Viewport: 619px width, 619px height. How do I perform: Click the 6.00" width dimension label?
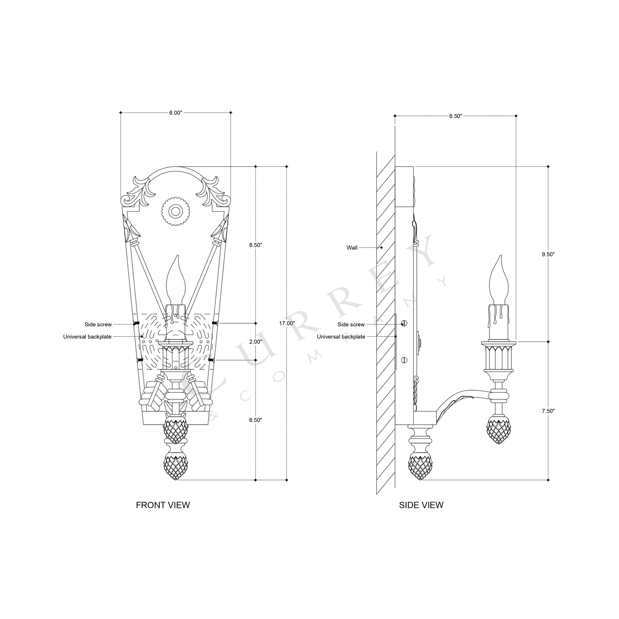(x=175, y=112)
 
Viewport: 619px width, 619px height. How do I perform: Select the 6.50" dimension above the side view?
(x=455, y=116)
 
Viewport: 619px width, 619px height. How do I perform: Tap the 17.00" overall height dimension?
(x=287, y=323)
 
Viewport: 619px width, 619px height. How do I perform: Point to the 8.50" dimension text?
(x=256, y=245)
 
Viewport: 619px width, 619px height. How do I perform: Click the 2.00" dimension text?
(x=256, y=341)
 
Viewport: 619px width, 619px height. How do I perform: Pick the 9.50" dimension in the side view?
(x=548, y=254)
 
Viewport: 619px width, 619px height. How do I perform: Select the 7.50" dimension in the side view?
(x=548, y=411)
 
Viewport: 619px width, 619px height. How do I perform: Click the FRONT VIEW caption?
(x=163, y=505)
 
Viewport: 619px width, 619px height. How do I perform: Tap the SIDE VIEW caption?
(x=421, y=505)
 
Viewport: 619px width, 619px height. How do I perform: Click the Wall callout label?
(x=352, y=248)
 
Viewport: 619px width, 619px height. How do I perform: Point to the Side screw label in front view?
(x=98, y=324)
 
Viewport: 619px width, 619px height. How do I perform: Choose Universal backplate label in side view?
(x=341, y=337)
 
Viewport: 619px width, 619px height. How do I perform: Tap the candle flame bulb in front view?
(x=176, y=280)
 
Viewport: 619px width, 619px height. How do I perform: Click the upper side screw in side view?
(x=404, y=323)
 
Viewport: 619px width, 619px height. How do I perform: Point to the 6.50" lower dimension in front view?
(x=256, y=420)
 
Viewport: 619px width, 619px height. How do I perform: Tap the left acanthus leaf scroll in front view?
(x=136, y=191)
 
